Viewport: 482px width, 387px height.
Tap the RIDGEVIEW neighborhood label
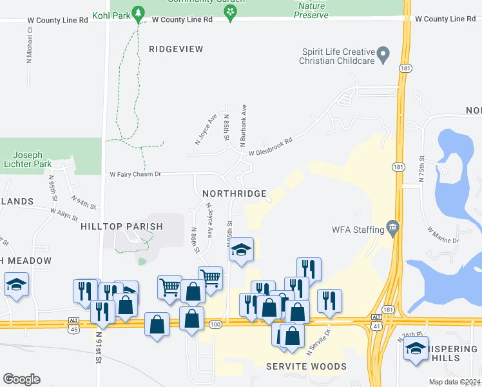coord(176,49)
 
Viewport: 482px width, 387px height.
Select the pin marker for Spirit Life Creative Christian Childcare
coord(383,55)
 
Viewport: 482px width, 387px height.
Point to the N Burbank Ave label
coord(244,127)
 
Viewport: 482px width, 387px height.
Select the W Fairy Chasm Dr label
coord(135,174)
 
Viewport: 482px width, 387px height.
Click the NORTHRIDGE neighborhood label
coord(234,193)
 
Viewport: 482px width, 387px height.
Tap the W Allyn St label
coord(67,211)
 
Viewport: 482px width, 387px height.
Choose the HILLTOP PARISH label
coord(122,227)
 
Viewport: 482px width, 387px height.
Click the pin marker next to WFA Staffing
coord(392,228)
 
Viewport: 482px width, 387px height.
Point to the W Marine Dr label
coord(442,235)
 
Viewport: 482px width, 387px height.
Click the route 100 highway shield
coord(215,324)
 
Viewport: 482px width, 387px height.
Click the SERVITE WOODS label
coord(306,366)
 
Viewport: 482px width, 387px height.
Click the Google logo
coord(21,379)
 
